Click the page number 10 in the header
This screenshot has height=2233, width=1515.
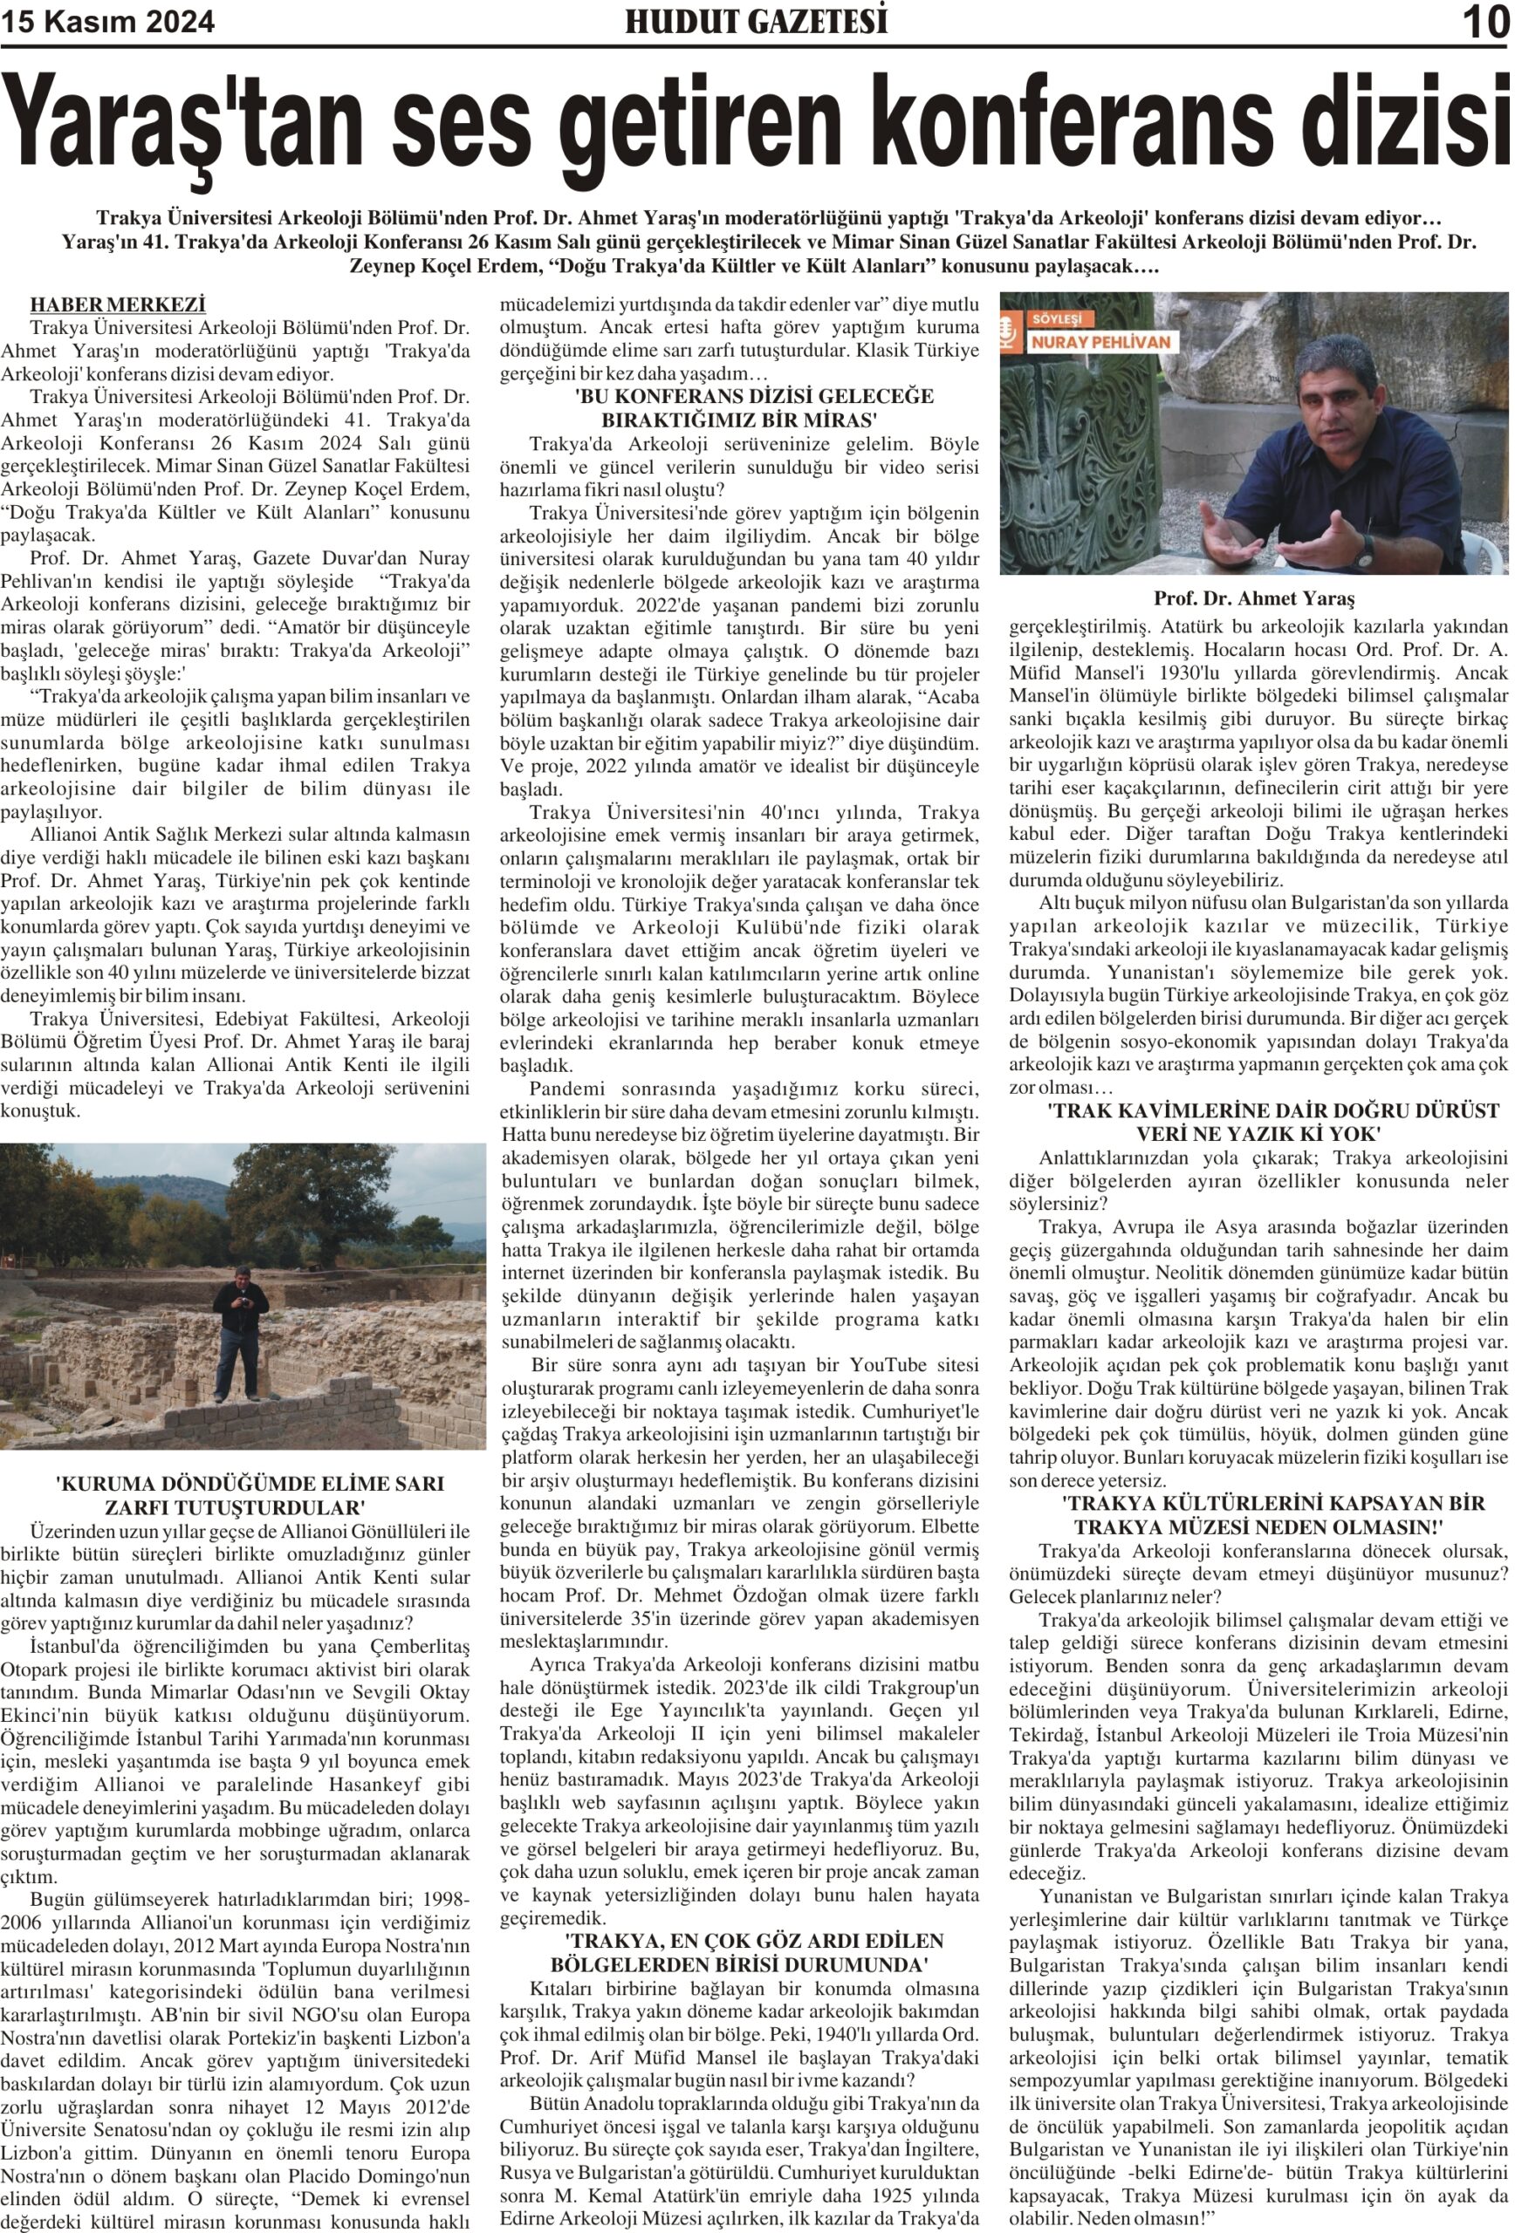[x=1485, y=22]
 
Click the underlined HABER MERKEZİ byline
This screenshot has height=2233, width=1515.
[x=117, y=305]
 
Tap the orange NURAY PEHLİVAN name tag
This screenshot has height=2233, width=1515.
[x=1100, y=341]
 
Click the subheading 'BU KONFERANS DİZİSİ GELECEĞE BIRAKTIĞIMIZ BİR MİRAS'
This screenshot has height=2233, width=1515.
[x=739, y=407]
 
